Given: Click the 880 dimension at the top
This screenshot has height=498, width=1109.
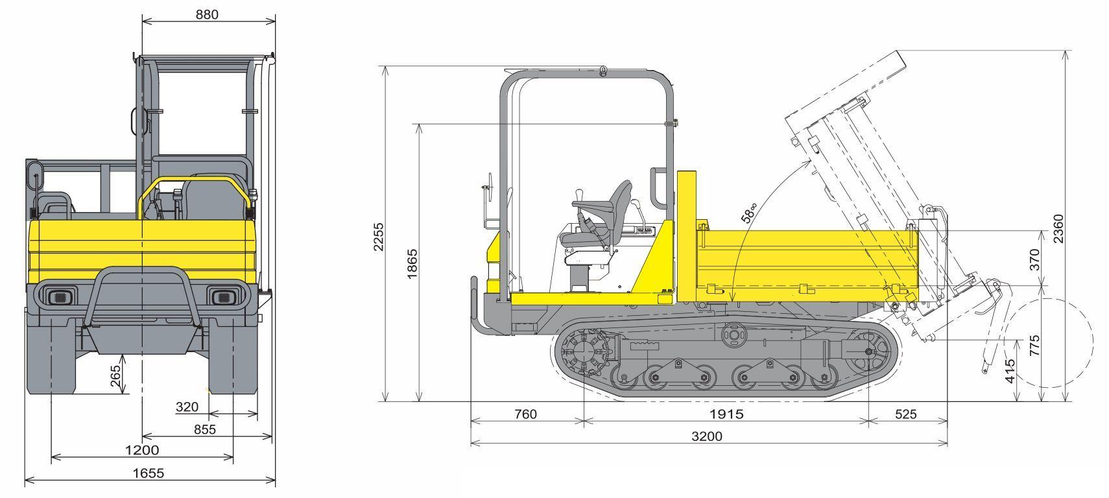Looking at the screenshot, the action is pyautogui.click(x=207, y=15).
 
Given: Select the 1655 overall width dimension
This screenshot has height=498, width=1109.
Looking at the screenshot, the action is pyautogui.click(x=149, y=473).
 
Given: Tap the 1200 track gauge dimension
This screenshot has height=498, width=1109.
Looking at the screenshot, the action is pyautogui.click(x=142, y=450).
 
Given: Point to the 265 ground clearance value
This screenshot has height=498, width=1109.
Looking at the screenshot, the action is pyautogui.click(x=115, y=376).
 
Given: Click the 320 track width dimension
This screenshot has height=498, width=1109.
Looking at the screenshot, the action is pyautogui.click(x=187, y=407).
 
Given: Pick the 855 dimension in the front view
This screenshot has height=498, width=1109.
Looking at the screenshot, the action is pyautogui.click(x=205, y=429).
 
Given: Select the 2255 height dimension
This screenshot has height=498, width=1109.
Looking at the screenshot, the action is pyautogui.click(x=379, y=237).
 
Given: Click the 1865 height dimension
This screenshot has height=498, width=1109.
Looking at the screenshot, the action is pyautogui.click(x=412, y=264).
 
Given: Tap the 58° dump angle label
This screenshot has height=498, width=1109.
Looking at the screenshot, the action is pyautogui.click(x=750, y=213).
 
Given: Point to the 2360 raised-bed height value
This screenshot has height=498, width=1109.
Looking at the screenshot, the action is pyautogui.click(x=1058, y=228).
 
